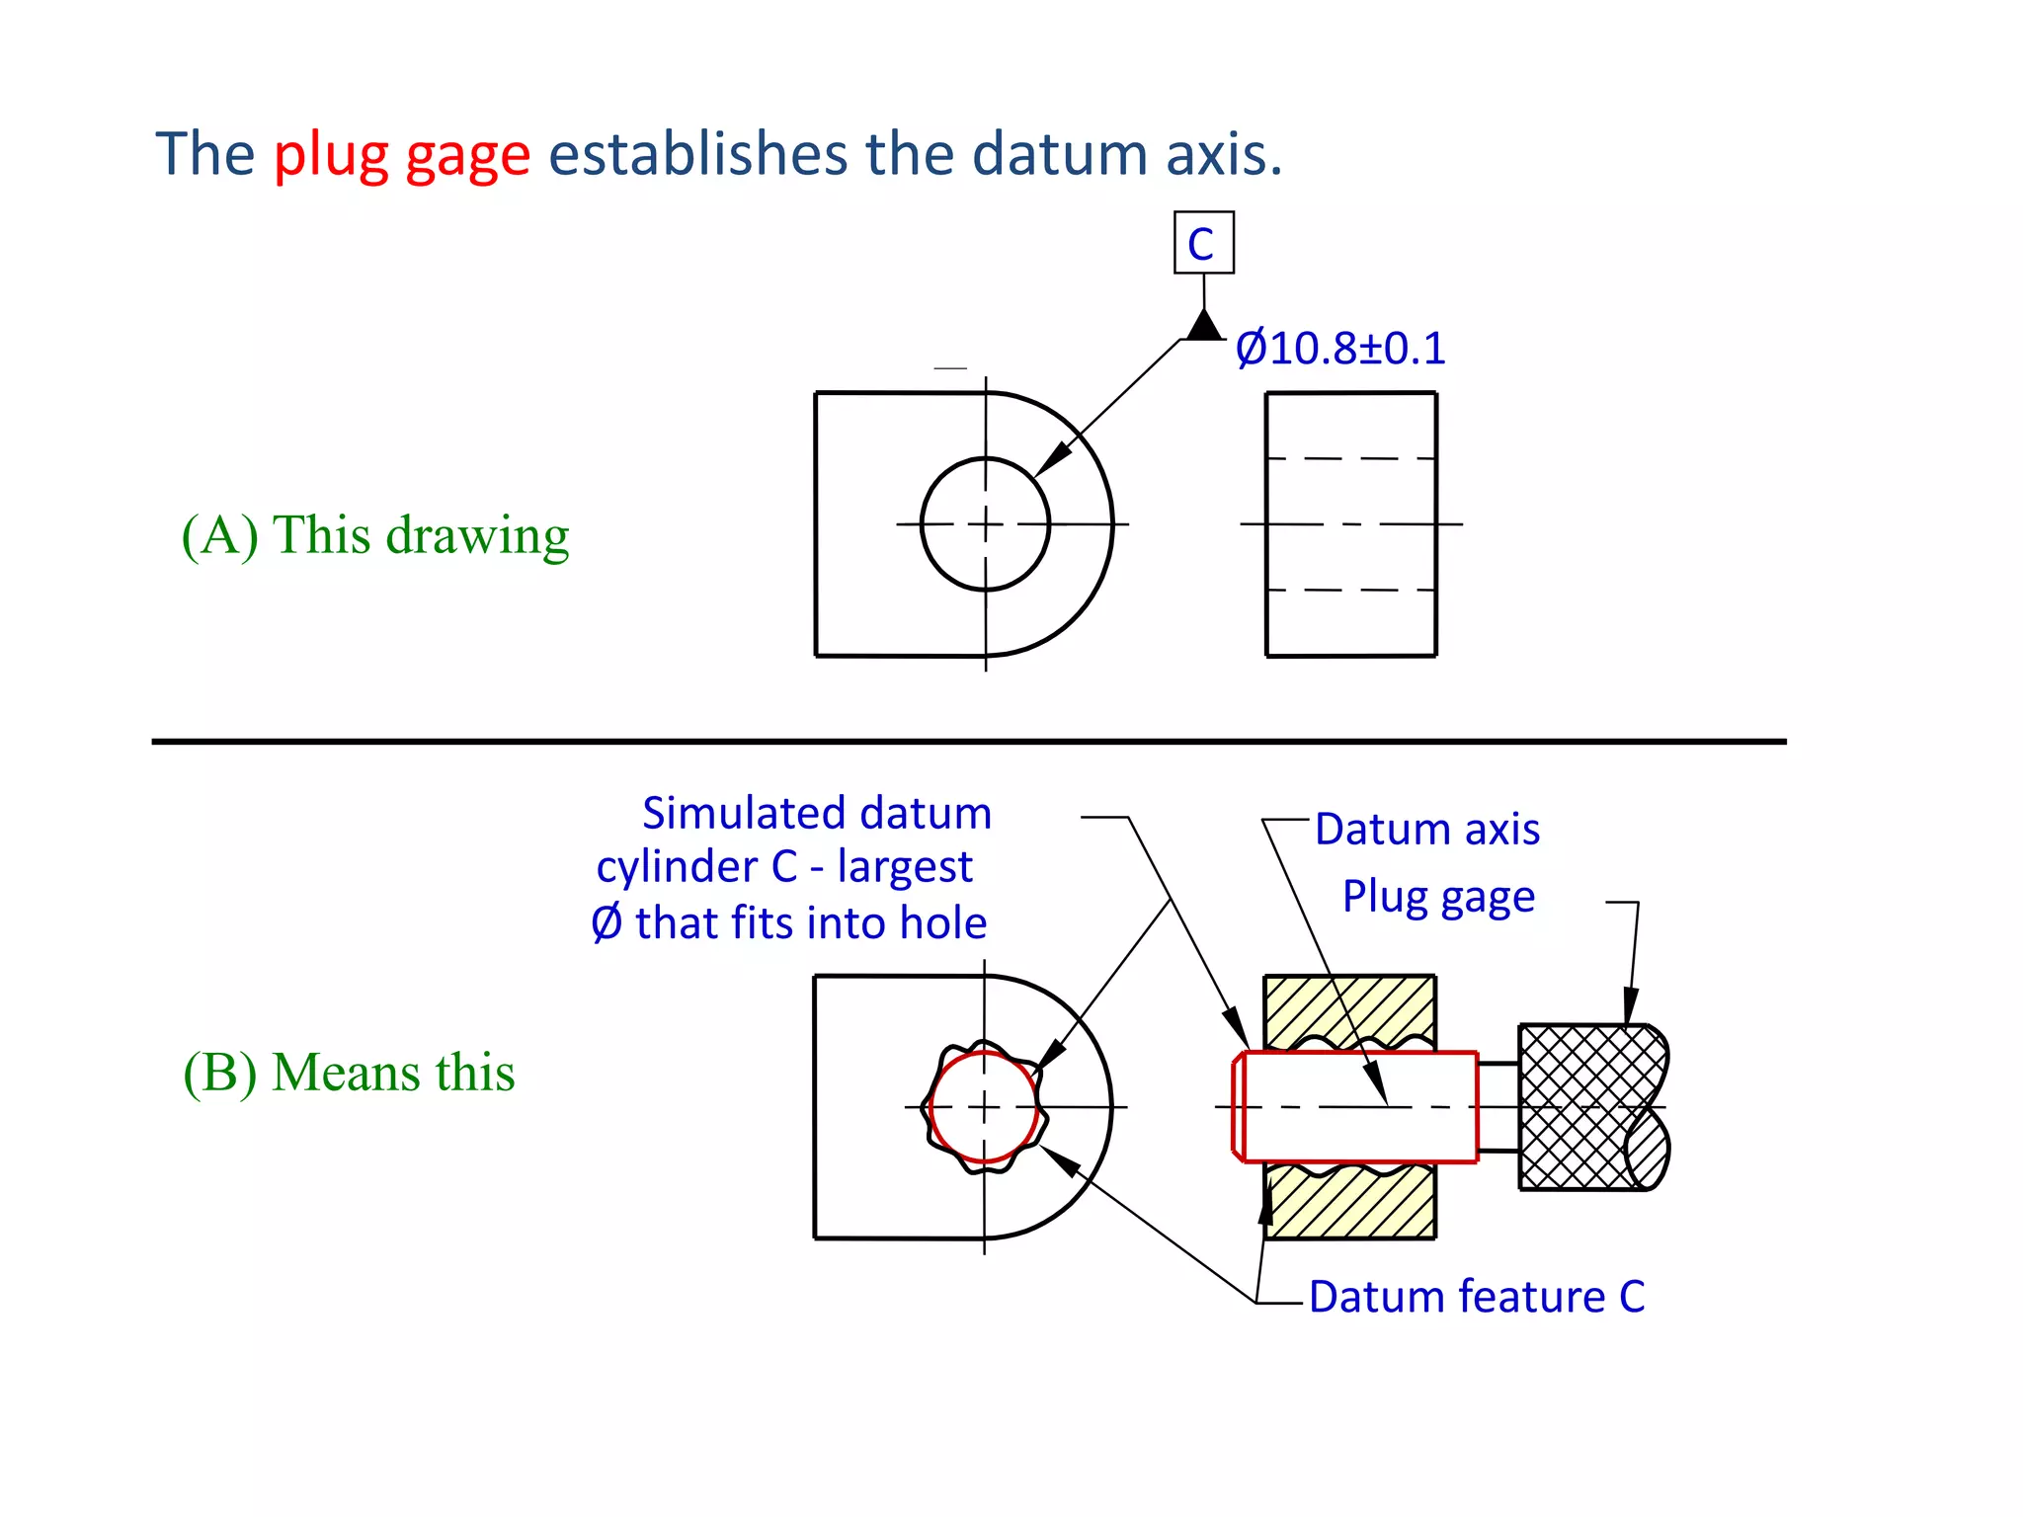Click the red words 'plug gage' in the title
click(x=402, y=155)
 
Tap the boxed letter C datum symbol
click(x=1203, y=243)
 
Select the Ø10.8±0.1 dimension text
click(x=1340, y=349)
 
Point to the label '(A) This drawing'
click(x=375, y=536)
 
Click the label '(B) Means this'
click(x=349, y=1073)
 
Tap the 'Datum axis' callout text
click(x=1426, y=830)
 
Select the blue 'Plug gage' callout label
click(x=1438, y=897)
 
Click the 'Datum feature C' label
click(x=1477, y=1297)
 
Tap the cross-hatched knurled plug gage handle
click(x=1580, y=1106)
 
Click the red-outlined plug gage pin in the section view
click(x=1359, y=1106)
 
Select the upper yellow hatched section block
click(x=1349, y=1007)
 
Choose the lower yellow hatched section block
click(x=1349, y=1205)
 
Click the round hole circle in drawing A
click(x=923, y=524)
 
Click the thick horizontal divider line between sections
click(x=968, y=741)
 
